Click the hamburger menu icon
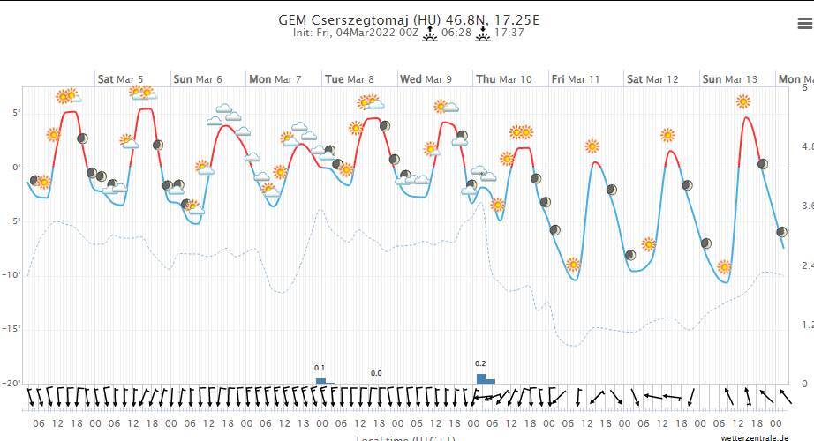pyautogui.click(x=803, y=25)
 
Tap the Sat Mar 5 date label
pyautogui.click(x=120, y=79)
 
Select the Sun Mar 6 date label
pyautogui.click(x=198, y=79)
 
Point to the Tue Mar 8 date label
pyautogui.click(x=349, y=79)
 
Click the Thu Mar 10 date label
pyautogui.click(x=503, y=79)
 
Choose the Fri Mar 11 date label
pyautogui.click(x=575, y=79)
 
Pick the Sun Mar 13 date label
pyautogui.click(x=729, y=79)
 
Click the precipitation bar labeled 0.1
pyautogui.click(x=321, y=381)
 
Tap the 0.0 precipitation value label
pyautogui.click(x=376, y=374)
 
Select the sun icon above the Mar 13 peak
pyautogui.click(x=743, y=102)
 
